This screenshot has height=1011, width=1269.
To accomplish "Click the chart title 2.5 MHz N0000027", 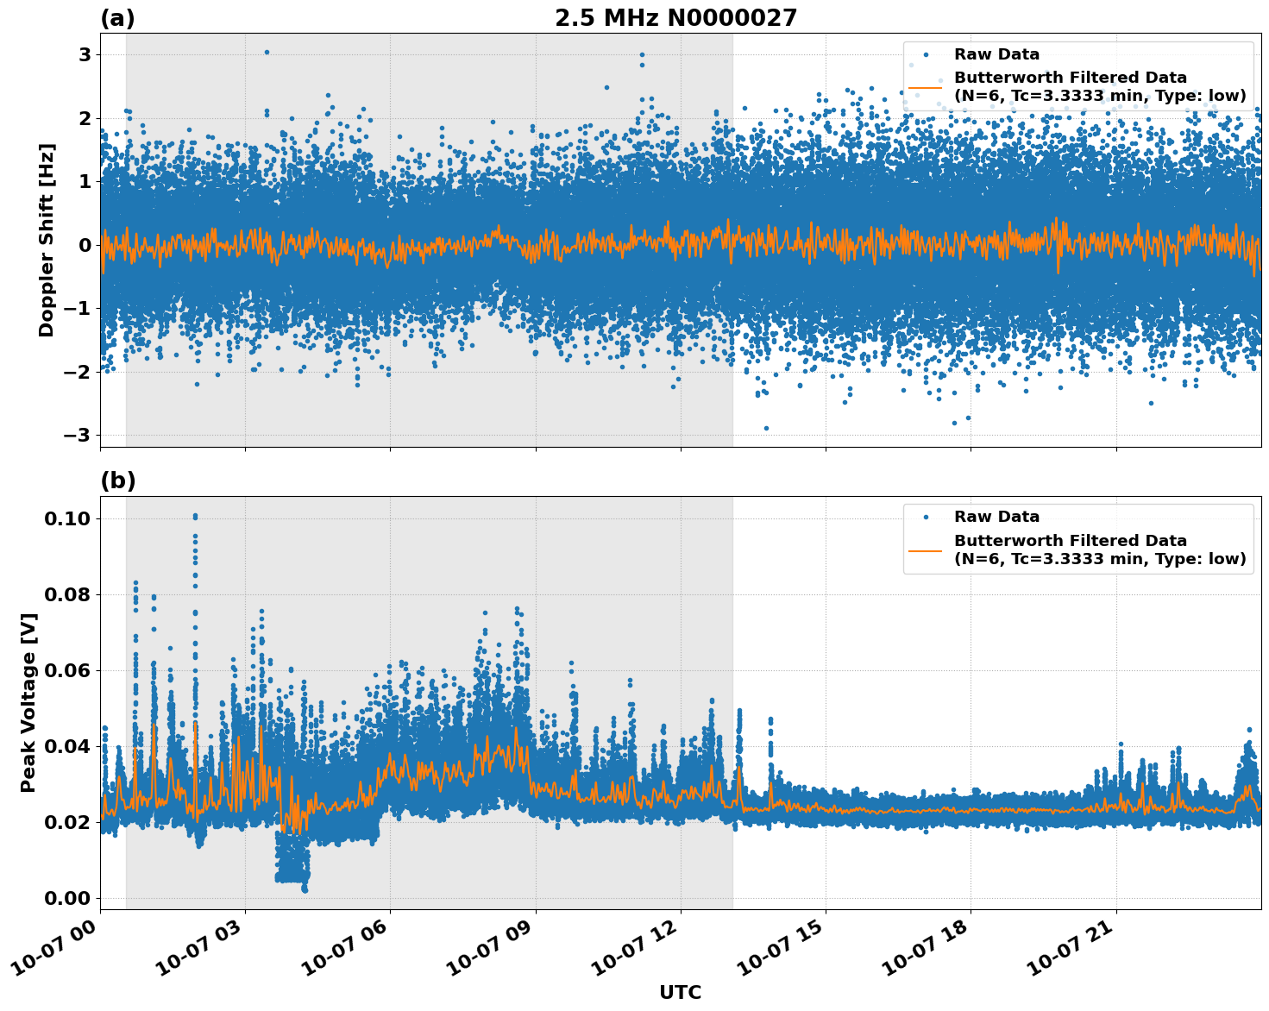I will pos(675,18).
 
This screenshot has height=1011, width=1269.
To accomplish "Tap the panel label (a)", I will pos(117,18).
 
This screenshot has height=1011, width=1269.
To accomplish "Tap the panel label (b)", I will pos(117,481).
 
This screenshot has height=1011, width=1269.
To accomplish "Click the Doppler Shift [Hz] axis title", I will pos(47,240).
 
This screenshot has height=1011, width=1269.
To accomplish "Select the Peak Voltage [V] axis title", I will pos(28,697).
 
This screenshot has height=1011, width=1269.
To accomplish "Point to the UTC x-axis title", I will pos(680,992).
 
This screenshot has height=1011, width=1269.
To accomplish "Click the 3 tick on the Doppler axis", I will pos(85,55).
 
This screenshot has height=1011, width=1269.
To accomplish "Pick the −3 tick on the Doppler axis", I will pos(78,435).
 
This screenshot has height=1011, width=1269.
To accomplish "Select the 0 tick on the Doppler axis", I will pos(85,245).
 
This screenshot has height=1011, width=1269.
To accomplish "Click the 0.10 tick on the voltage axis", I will pos(67,518).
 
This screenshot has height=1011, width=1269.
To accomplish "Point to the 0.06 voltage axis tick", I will pos(67,670).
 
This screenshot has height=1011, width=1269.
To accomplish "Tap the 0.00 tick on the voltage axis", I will pos(67,898).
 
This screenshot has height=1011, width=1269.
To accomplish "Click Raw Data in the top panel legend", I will pos(996,54).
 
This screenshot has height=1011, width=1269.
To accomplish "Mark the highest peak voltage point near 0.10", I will pos(195,516).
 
